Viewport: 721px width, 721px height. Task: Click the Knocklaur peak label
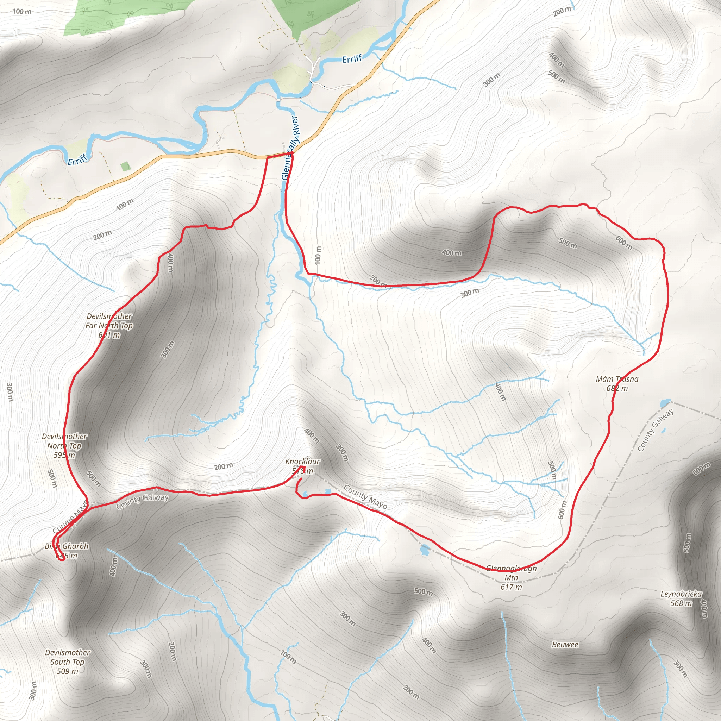302,462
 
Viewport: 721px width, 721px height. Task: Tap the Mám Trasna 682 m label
617,384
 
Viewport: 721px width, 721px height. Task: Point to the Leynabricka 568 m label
681,598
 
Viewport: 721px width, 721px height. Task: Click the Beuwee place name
565,645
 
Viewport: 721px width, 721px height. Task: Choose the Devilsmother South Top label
68,662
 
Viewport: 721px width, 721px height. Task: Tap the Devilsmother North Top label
64,446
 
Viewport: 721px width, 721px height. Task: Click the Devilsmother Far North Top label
109,325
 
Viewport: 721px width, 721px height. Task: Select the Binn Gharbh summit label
67,551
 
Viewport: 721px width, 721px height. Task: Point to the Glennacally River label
290,148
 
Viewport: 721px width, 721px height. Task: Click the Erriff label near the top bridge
352,58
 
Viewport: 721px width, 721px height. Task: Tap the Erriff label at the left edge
77,159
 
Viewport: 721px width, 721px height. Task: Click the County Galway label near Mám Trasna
655,430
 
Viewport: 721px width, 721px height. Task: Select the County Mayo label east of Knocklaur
365,497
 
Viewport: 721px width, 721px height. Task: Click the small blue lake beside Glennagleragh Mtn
425,550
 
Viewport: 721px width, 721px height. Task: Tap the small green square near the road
126,166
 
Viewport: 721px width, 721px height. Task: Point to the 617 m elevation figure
511,587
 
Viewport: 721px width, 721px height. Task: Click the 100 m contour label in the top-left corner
22,11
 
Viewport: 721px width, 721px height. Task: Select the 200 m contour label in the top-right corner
562,11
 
